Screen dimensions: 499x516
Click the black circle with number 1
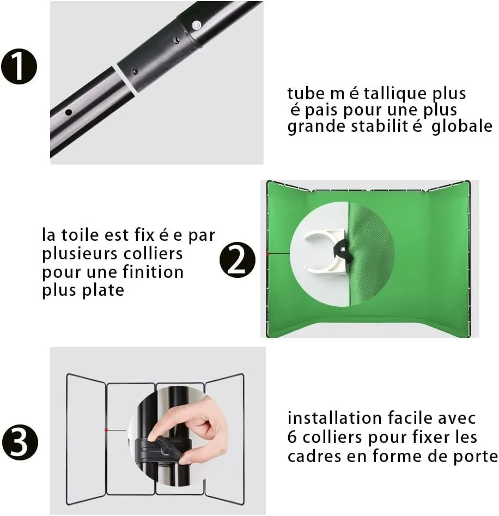coord(19,66)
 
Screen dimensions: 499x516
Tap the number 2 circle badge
coord(237,260)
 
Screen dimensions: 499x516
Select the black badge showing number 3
coord(20,442)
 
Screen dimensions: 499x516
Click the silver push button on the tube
coord(196,25)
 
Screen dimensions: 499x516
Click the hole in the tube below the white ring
coord(69,113)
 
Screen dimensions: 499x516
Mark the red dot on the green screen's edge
coord(268,254)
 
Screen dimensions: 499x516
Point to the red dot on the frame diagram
coord(106,430)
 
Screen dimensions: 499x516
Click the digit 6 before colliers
coord(292,438)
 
